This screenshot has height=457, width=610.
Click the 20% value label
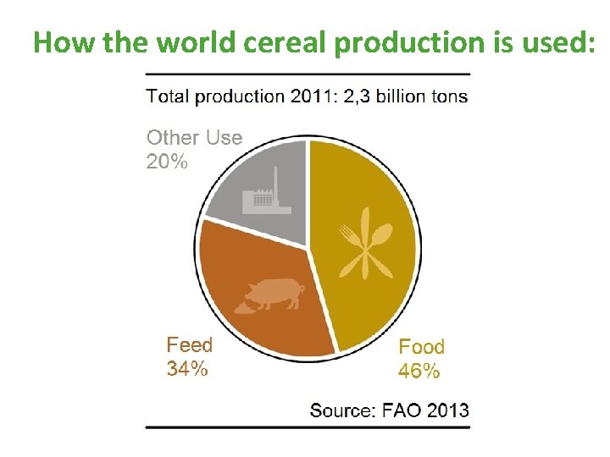click(x=167, y=161)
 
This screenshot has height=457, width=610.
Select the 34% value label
click(x=187, y=368)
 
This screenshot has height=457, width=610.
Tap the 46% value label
click(x=419, y=371)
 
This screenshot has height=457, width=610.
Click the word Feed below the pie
click(x=189, y=345)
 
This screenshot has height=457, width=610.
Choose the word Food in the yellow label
click(x=421, y=347)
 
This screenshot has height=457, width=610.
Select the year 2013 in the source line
click(x=446, y=410)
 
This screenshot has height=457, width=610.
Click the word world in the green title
click(x=189, y=42)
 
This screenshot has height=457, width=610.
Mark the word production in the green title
click(x=416, y=42)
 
